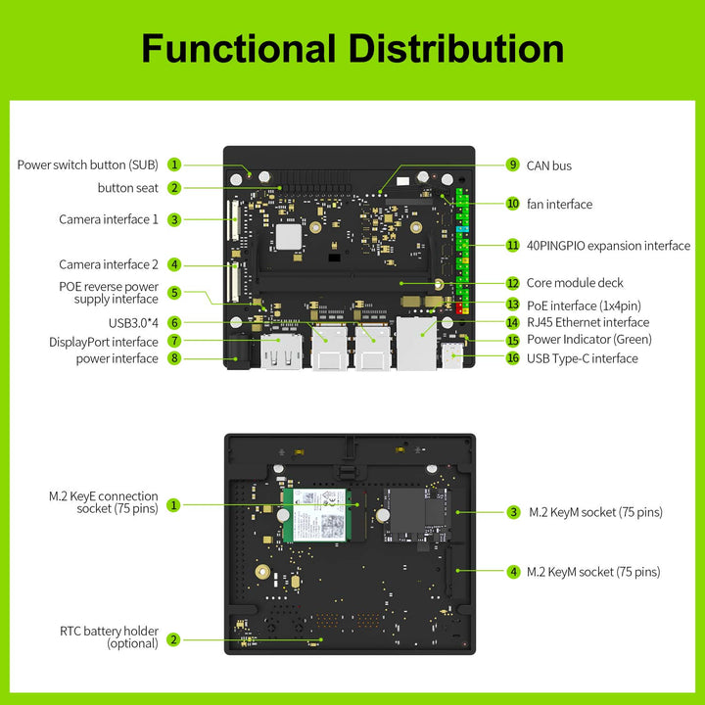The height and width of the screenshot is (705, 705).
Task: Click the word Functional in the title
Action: (234, 48)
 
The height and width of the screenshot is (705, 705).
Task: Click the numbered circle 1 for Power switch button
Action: (173, 164)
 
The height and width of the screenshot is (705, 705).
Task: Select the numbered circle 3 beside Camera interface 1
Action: (173, 219)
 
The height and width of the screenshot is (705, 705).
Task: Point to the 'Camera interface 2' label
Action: (108, 264)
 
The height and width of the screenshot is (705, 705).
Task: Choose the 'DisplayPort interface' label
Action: (103, 342)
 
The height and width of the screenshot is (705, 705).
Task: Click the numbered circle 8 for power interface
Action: (173, 358)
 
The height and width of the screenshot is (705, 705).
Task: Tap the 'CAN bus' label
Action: (548, 165)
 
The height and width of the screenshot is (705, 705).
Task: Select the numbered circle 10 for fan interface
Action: (512, 204)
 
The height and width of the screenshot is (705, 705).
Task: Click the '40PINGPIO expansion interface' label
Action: (608, 246)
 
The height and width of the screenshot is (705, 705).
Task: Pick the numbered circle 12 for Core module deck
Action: (512, 283)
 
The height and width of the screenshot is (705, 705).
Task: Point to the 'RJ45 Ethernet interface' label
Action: (587, 322)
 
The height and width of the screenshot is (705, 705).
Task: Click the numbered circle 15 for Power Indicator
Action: (512, 340)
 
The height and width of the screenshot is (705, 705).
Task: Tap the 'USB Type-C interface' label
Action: (582, 358)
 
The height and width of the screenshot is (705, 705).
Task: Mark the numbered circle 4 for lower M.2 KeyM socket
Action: (512, 571)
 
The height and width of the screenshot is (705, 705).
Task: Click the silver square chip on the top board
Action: (288, 236)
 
